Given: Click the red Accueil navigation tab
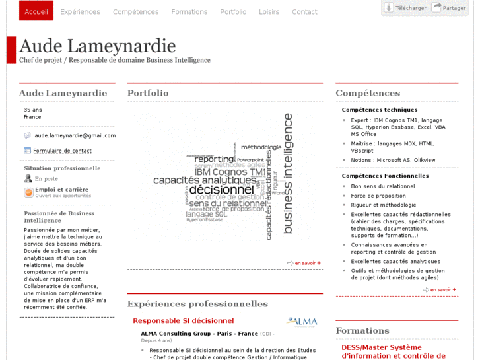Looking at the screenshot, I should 36,11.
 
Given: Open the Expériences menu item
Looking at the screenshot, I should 80,12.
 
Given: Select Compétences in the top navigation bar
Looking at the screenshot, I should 135,12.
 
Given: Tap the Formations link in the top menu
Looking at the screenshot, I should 189,12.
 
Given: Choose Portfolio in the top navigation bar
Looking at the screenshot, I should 233,12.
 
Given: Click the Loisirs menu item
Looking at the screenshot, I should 269,12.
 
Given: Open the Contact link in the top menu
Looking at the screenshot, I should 304,12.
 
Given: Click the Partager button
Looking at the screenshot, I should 449,8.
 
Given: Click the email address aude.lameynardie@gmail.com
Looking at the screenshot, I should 75,135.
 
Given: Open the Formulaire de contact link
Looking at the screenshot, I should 62,151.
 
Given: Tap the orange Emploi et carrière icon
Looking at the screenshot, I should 28,192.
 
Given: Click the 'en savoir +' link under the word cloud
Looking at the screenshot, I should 304,263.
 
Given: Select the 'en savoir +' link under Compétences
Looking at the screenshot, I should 440,289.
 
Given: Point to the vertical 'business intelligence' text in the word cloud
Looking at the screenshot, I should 288,173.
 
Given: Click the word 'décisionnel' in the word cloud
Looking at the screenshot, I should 222,190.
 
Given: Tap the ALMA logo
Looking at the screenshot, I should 302,322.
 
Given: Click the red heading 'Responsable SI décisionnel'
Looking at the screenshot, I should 183,321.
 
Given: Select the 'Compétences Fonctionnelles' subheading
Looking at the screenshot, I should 385,176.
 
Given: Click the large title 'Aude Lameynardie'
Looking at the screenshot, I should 97,46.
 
